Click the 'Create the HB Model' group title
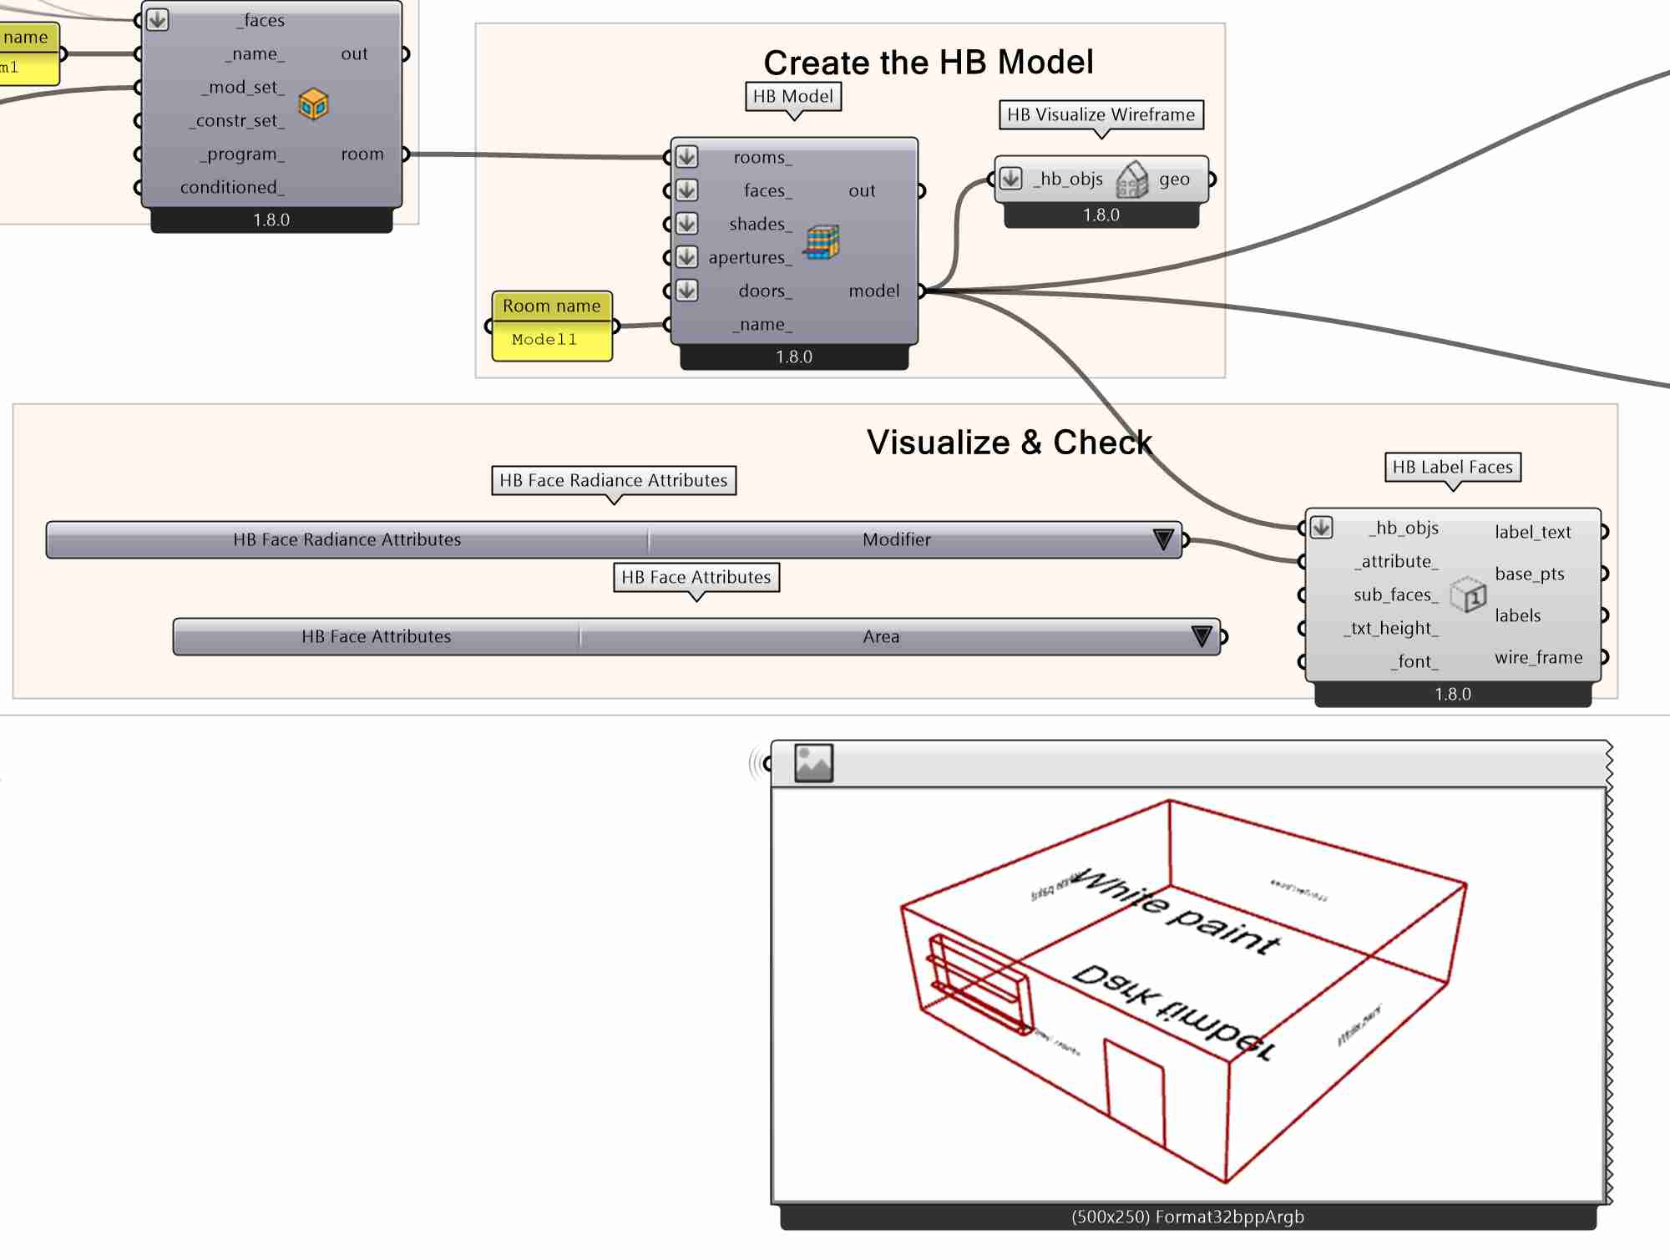(x=928, y=63)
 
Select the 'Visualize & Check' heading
(x=1009, y=443)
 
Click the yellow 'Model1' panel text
(x=544, y=340)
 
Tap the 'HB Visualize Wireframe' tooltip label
(x=1101, y=115)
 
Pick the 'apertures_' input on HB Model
(x=749, y=258)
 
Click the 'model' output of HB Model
(x=873, y=291)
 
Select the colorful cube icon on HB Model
(x=822, y=242)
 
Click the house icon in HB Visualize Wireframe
(x=1131, y=180)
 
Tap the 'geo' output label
(x=1173, y=180)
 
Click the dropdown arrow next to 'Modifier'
(x=1162, y=540)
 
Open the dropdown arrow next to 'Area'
(x=1201, y=637)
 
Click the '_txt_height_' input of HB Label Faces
(x=1391, y=629)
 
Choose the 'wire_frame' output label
(x=1538, y=658)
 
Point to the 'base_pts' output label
(x=1529, y=574)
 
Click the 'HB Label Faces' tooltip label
(x=1452, y=468)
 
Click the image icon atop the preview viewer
(x=813, y=763)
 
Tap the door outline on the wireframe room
(x=1134, y=1090)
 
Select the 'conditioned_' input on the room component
(x=231, y=188)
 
